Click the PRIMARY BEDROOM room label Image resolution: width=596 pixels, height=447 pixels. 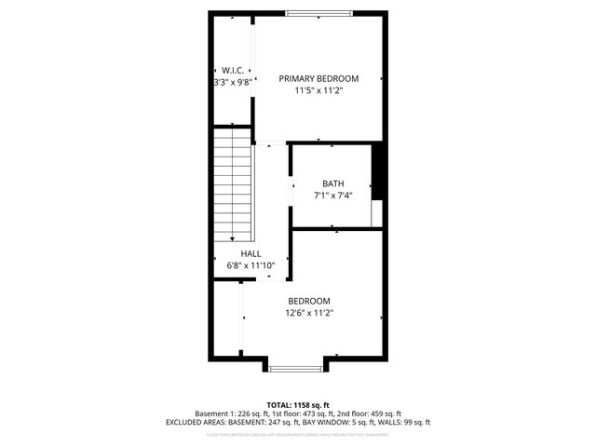318,79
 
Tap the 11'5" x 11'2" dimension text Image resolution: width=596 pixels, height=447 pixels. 318,91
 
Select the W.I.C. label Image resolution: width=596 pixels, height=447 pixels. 232,70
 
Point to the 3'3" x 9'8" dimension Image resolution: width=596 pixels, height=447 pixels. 232,82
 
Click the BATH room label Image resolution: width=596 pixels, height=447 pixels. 333,183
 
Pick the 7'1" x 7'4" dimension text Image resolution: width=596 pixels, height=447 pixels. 333,196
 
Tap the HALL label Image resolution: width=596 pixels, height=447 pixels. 251,253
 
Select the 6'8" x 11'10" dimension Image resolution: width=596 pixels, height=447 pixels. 251,265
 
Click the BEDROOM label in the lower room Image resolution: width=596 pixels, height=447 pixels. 309,301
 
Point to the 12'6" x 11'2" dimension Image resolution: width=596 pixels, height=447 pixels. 309,313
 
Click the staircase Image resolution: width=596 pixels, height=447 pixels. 233,186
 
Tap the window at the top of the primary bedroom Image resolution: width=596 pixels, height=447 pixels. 318,13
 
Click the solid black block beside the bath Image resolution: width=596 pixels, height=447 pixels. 378,171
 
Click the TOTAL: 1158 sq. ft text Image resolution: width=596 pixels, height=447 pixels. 298,404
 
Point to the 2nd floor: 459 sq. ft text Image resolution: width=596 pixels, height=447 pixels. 371,413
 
